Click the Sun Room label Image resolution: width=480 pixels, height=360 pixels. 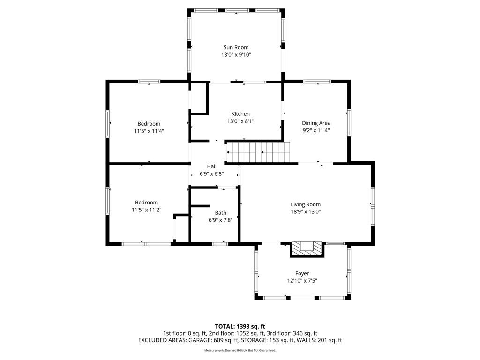[236, 47]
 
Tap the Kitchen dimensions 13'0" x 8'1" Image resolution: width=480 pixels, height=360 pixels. [240, 121]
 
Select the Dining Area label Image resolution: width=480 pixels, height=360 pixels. [316, 123]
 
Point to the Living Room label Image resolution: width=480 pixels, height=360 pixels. [306, 204]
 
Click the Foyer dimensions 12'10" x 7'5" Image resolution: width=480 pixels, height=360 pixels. [302, 281]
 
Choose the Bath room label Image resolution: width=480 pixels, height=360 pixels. [221, 213]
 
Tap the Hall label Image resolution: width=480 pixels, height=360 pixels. [211, 166]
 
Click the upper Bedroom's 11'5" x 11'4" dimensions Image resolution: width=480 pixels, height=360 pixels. [149, 131]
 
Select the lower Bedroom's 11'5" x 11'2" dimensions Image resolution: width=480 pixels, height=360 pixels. [147, 210]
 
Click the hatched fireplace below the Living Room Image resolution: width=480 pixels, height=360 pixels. [307, 249]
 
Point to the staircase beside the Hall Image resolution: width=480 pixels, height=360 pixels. [258, 152]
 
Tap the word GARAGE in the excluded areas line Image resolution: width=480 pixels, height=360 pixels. [199, 340]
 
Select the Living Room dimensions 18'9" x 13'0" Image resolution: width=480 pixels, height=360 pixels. [306, 212]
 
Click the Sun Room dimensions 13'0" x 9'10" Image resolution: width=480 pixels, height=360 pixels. [236, 55]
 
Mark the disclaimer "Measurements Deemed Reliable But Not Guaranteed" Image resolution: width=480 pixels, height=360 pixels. [240, 350]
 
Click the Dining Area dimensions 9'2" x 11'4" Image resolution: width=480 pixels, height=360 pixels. [316, 130]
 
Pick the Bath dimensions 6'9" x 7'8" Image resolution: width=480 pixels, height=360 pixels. [221, 220]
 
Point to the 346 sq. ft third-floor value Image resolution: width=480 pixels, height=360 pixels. [305, 333]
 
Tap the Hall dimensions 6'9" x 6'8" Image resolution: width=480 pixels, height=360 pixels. [212, 174]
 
